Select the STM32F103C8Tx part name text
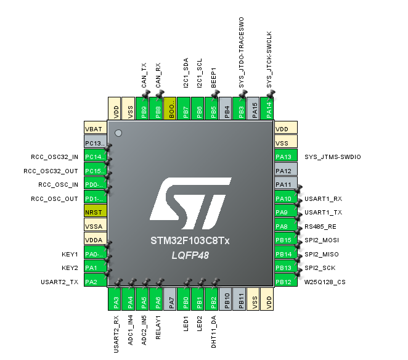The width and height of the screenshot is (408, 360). point(190,241)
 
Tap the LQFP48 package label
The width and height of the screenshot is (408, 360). point(190,255)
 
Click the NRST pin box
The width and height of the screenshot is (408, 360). point(96,211)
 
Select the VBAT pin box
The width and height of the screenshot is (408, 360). point(96,129)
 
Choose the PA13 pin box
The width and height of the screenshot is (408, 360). point(285,157)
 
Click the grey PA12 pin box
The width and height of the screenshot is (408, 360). point(285,171)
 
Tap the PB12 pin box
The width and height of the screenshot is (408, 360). point(285,282)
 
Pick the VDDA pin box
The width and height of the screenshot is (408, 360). point(96,240)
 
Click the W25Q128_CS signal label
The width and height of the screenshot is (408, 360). point(325,282)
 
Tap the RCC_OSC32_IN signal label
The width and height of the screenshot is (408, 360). point(55,157)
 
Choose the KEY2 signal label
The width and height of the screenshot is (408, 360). point(70,268)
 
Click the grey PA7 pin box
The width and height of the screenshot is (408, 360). point(171,299)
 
